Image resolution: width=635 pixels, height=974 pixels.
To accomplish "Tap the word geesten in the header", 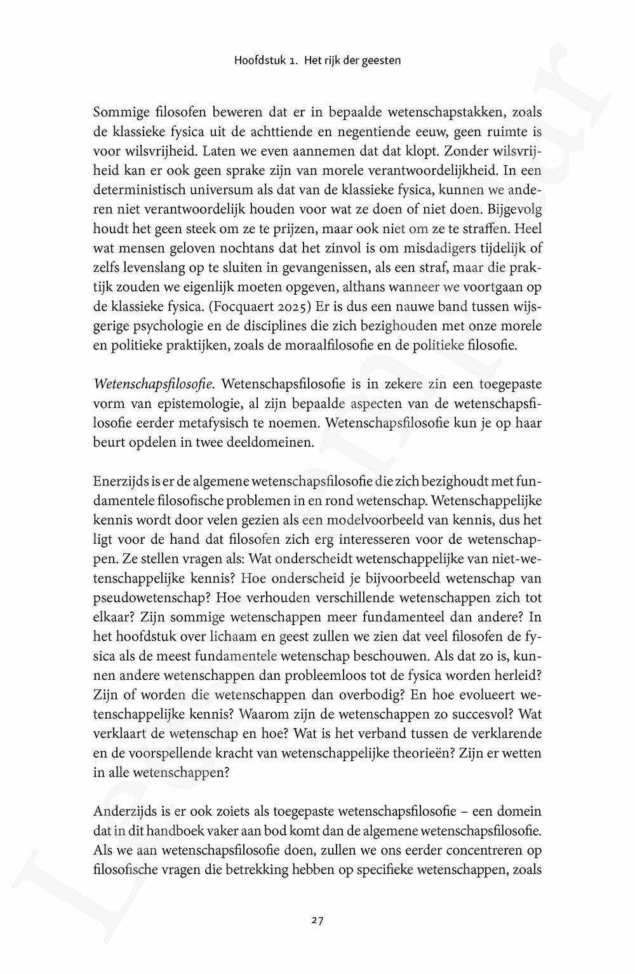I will click(x=382, y=61).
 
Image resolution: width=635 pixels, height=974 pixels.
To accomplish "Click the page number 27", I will click(x=317, y=919).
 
